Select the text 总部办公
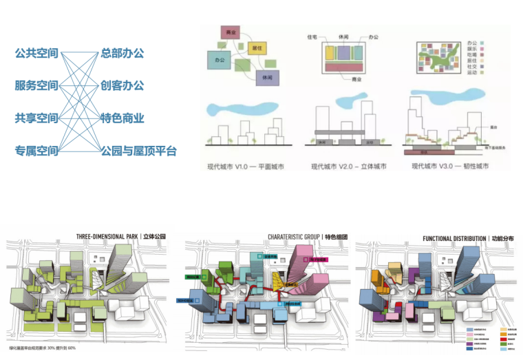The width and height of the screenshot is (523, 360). pos(122,53)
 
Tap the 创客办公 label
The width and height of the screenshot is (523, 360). pos(122,85)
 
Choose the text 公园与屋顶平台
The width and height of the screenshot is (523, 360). pos(138,150)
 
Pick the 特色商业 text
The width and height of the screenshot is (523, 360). pos(122,118)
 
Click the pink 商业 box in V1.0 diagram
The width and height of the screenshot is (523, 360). pos(231,32)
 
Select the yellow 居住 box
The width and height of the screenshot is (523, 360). pos(256,48)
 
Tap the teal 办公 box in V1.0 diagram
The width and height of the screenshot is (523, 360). pos(220,61)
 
